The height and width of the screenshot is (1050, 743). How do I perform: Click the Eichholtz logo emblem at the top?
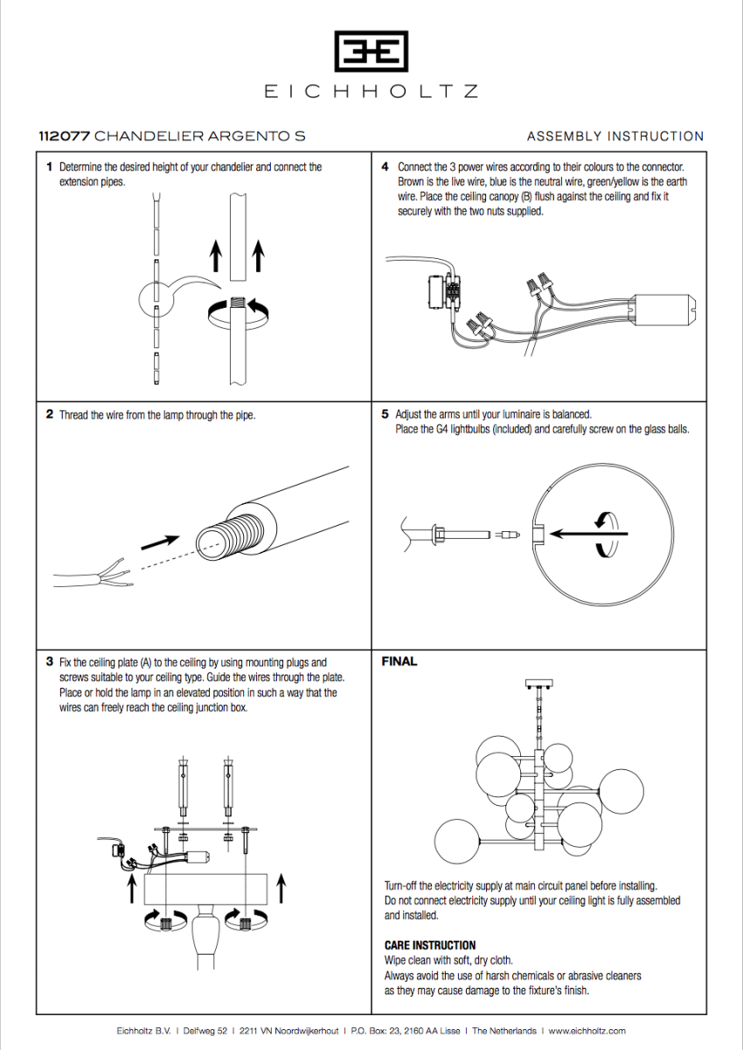371,52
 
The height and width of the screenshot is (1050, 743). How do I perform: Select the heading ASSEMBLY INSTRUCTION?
615,136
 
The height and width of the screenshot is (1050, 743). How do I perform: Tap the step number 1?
50,166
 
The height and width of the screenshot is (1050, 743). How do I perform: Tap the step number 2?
50,415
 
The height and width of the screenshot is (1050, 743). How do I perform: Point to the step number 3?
50,662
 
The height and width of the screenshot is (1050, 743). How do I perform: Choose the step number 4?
385,166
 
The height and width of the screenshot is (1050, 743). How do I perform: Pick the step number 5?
385,414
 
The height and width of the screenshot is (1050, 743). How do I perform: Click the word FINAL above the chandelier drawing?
399,662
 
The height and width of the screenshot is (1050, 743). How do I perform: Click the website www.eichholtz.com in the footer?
587,1031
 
